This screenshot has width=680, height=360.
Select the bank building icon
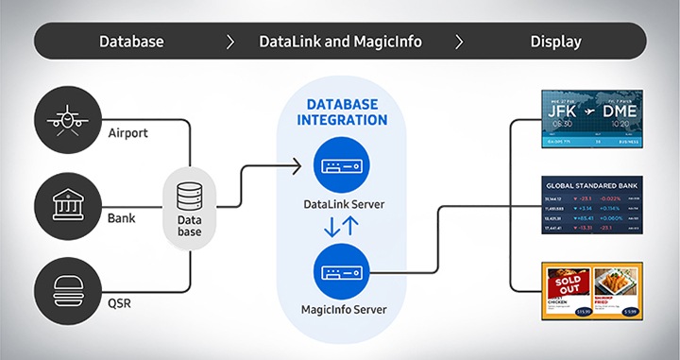pyautogui.click(x=65, y=203)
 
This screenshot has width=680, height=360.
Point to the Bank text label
pyautogui.click(x=120, y=218)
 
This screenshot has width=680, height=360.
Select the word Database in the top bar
pyautogui.click(x=132, y=42)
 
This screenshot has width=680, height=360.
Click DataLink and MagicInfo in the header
pyautogui.click(x=340, y=42)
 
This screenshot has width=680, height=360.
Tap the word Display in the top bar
pyautogui.click(x=555, y=42)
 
